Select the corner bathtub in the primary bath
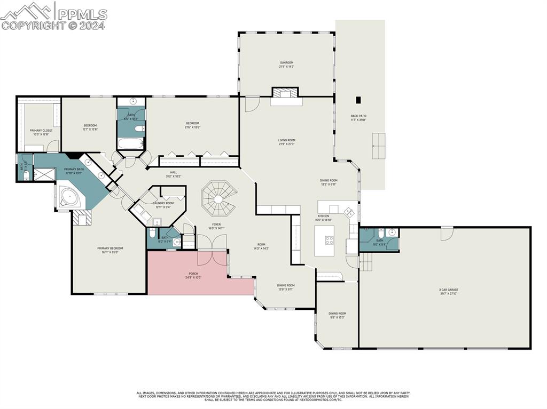pos(69,197)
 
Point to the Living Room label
pos(286,142)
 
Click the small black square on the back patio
pos(358,99)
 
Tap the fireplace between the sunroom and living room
pos(286,94)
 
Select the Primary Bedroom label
pos(110,250)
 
